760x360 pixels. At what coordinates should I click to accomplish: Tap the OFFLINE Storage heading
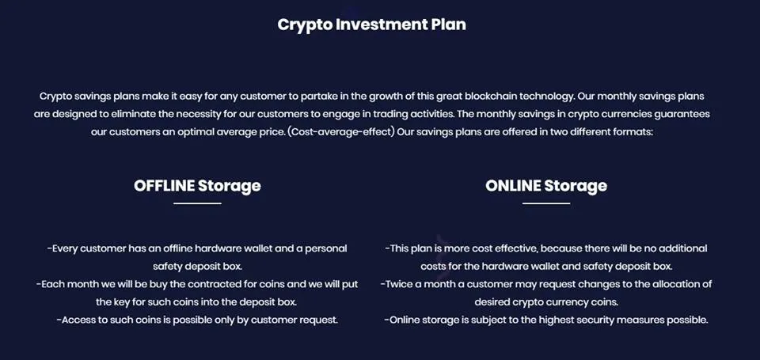(x=197, y=186)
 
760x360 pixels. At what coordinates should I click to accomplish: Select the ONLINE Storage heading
(x=546, y=186)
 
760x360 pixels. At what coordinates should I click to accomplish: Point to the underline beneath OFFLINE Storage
(x=197, y=203)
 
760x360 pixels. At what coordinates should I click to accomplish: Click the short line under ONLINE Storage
(x=546, y=203)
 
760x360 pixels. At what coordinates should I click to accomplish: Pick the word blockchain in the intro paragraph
(x=491, y=97)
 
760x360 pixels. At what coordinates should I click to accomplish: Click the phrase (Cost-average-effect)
(x=340, y=132)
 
